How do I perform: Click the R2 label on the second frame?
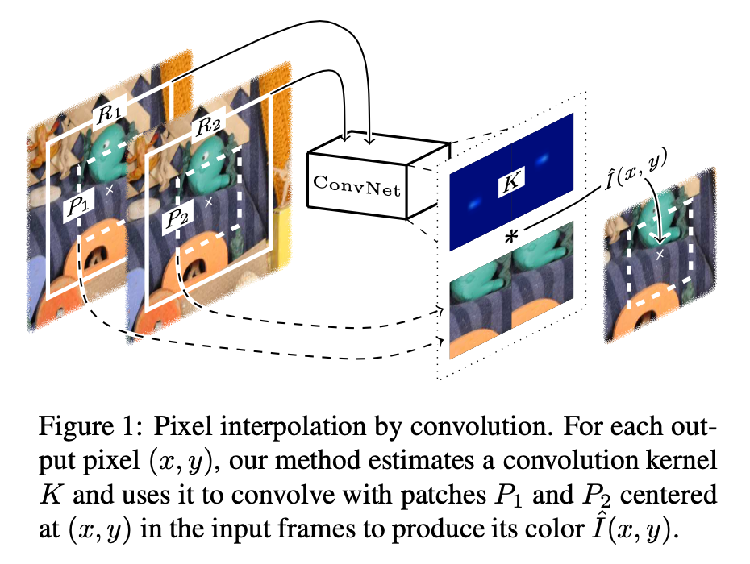point(208,126)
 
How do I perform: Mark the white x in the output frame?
point(661,255)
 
